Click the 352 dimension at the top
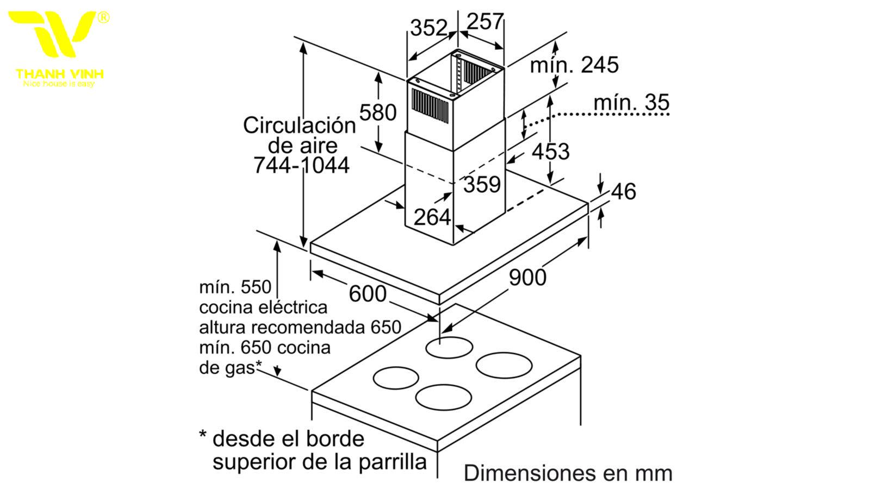pos(429,28)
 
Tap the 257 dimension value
pos(485,21)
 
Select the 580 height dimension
pos(377,112)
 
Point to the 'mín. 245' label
pos(574,65)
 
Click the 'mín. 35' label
pos(631,103)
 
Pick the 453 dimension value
pos(550,152)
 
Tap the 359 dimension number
pos(482,184)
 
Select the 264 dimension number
pos(432,217)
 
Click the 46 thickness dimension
pos(623,191)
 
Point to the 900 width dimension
pos(527,278)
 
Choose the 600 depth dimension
pos(368,294)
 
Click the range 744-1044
pos(301,165)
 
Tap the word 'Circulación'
pos(300,126)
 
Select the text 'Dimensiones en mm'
pos(568,473)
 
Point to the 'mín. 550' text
pos(235,287)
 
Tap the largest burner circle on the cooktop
pos(504,365)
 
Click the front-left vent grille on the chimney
pos(430,106)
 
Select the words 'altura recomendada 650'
pos(300,328)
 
